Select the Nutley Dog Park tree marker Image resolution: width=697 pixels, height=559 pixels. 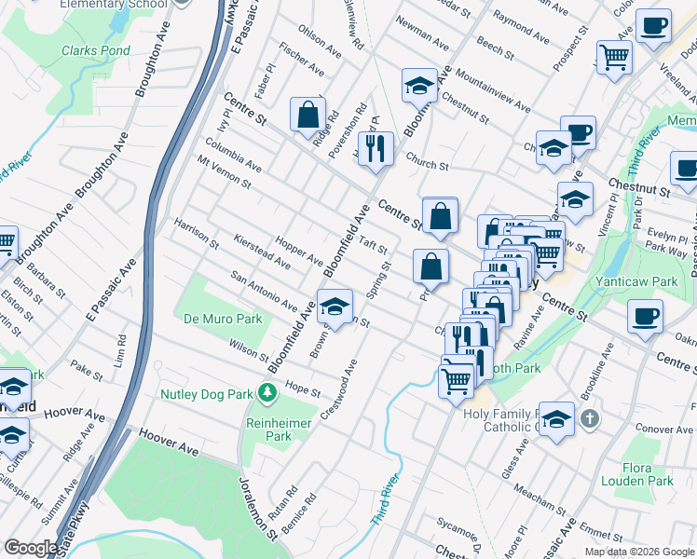268,394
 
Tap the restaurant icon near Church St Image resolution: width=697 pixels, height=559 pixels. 376,147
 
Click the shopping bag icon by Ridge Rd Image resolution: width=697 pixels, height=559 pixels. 307,116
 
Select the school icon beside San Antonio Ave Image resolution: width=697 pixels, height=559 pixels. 335,305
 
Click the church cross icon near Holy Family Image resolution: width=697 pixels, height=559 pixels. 588,418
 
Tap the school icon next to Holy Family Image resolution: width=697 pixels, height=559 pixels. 556,418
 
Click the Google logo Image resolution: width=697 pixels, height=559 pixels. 31,548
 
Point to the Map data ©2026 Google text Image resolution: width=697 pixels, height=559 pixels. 639,552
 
